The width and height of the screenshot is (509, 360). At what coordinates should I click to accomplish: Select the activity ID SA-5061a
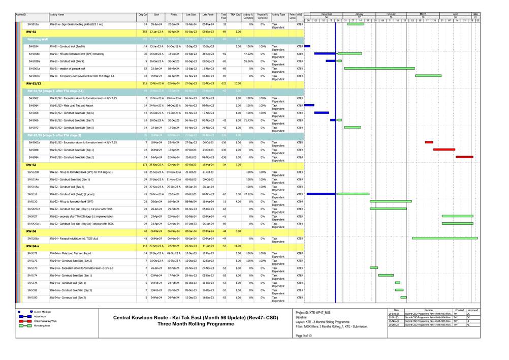click(x=34, y=68)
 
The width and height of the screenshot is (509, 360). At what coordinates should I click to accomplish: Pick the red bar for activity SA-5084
click(x=464, y=157)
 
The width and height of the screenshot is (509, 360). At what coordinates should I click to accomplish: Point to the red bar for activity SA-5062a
click(x=429, y=142)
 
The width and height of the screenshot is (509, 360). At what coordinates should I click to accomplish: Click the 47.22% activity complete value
click(x=248, y=53)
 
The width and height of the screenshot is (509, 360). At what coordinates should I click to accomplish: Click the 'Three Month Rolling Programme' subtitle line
click(x=198, y=324)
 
